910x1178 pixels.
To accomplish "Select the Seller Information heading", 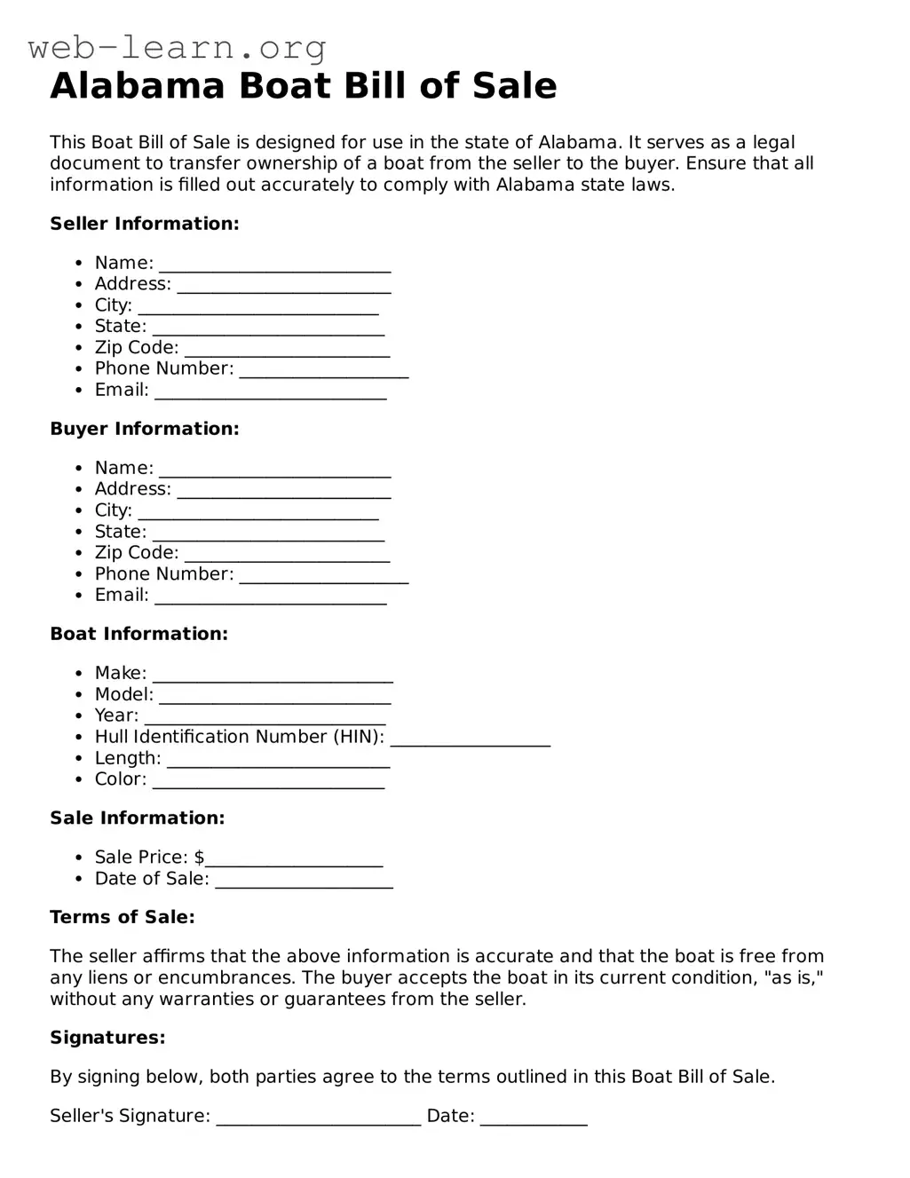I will pos(144,224).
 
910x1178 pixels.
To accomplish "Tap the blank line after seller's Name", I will pos(274,265).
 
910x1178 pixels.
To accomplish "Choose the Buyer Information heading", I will pos(144,429).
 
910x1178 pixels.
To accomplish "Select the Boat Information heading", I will pos(138,634).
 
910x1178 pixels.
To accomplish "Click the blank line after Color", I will pos(268,782).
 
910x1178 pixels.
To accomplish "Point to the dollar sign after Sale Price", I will pos(199,858).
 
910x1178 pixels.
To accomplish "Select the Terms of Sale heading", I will pos(122,917).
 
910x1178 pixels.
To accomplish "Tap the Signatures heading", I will pos(107,1038).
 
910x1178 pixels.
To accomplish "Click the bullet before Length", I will pos(79,759).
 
